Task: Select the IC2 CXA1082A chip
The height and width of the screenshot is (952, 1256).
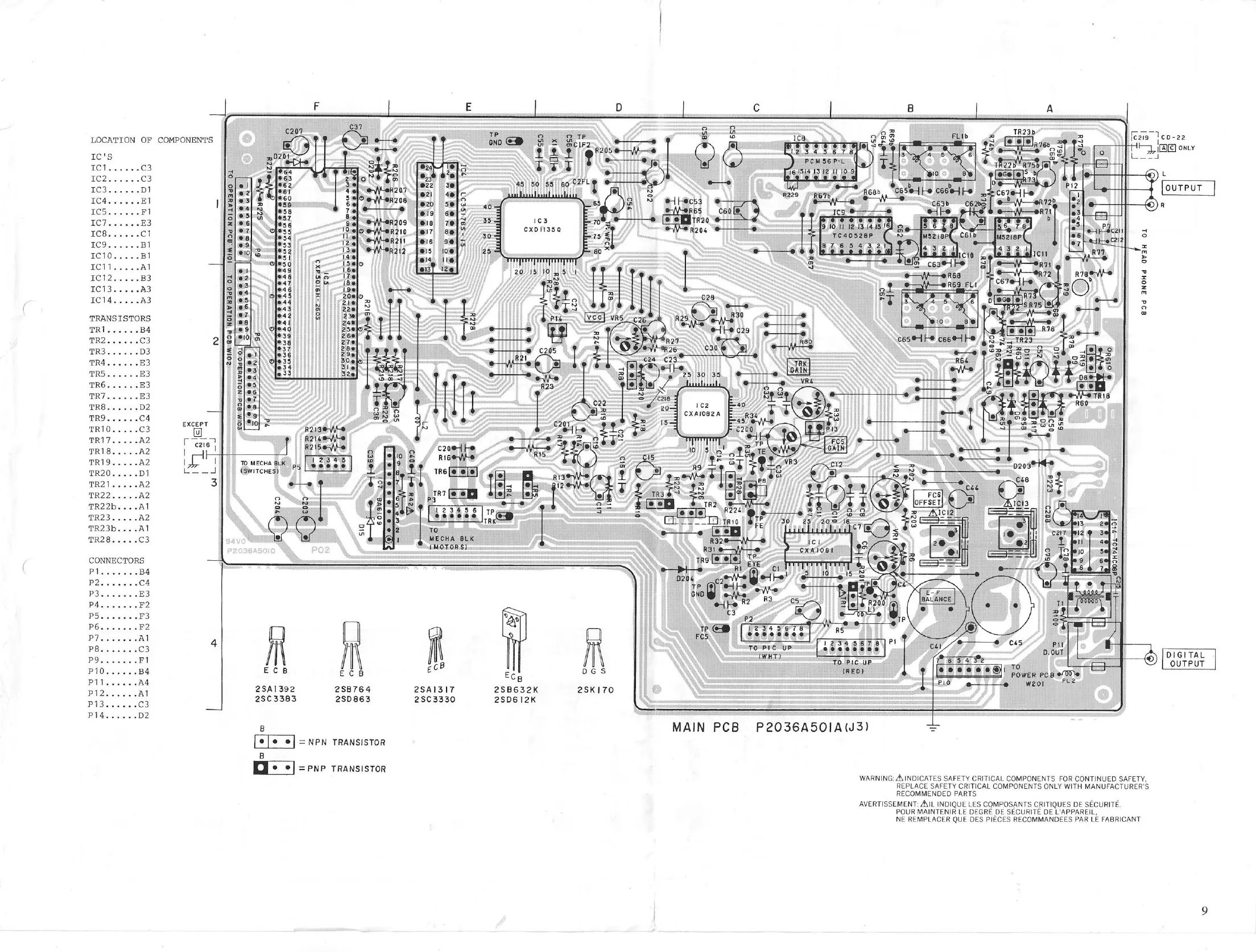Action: coord(701,410)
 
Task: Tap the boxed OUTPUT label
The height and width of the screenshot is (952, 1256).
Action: coord(1183,188)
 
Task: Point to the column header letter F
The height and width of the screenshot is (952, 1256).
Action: coord(316,106)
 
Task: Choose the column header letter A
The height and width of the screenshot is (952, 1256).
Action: coord(1050,108)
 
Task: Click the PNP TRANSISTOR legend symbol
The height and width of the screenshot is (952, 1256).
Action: coord(274,768)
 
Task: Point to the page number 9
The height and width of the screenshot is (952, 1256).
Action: coord(1204,910)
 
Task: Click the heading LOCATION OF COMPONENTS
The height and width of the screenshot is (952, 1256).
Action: coord(151,140)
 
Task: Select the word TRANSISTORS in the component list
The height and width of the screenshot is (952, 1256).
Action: coord(119,318)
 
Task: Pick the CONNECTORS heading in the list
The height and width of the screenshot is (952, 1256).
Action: coord(117,560)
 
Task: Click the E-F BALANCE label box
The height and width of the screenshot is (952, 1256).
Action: coord(936,595)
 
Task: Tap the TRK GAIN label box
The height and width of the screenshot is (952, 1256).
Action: coord(799,367)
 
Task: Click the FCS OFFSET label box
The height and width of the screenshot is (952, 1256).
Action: coord(927,499)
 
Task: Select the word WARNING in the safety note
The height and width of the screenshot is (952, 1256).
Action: coord(876,779)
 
